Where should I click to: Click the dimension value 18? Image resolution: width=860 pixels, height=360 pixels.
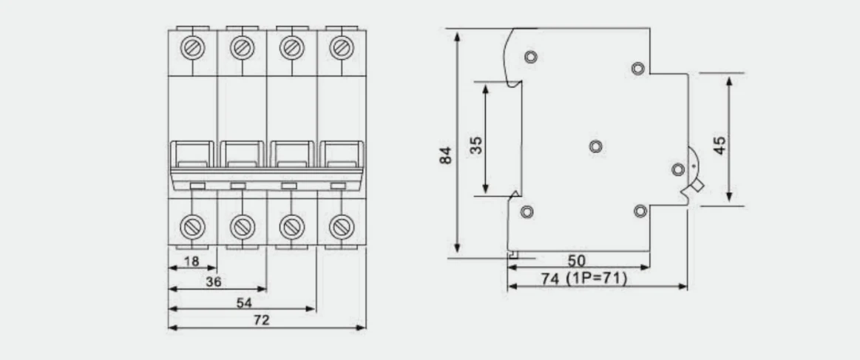tap(191, 261)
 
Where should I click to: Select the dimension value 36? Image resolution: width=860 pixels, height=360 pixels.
tap(214, 282)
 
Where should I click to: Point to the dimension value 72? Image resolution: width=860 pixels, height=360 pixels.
tap(261, 320)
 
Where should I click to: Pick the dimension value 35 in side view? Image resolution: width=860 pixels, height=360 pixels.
tap(476, 143)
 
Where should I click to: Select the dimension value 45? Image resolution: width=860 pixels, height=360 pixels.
tap(720, 142)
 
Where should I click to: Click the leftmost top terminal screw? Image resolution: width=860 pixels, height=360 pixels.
tap(192, 50)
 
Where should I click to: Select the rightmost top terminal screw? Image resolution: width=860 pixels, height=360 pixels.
tap(341, 50)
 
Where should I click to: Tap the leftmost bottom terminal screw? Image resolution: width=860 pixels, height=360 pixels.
tap(192, 223)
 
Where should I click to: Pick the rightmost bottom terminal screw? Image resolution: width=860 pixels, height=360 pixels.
tap(341, 223)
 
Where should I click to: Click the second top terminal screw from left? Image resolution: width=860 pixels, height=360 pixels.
tap(241, 50)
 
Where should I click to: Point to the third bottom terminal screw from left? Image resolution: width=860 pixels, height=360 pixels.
tap(291, 223)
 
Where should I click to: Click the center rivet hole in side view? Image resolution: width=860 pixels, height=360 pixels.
tap(595, 147)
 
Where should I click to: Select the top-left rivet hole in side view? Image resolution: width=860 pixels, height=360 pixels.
tap(530, 58)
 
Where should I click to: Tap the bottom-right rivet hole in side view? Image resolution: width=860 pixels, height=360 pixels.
tap(640, 212)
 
